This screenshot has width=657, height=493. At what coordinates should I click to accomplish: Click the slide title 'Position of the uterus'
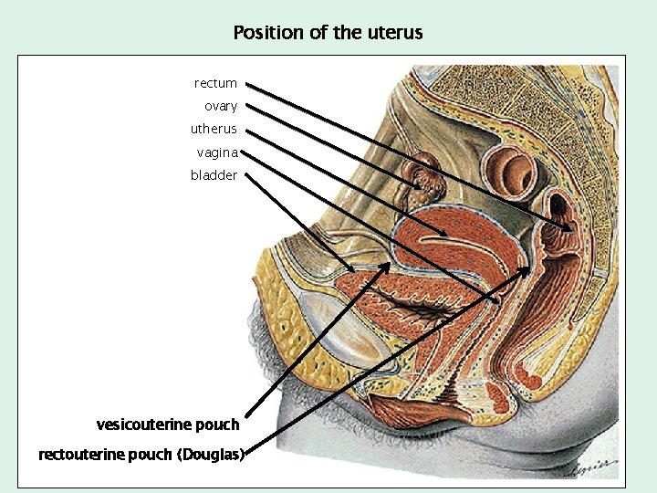pos(328,33)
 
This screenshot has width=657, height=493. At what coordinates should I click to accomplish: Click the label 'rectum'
pos(215,84)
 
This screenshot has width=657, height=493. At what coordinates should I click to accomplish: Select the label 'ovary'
pos(221,107)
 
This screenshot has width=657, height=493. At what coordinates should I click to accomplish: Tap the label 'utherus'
pos(214,129)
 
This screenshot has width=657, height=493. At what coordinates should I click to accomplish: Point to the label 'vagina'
pos(217,152)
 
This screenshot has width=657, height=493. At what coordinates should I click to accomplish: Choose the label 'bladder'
pos(214,174)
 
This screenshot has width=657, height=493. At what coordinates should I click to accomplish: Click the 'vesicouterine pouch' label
pos(168,425)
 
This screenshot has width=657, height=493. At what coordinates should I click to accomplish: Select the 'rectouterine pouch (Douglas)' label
pos(141,454)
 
